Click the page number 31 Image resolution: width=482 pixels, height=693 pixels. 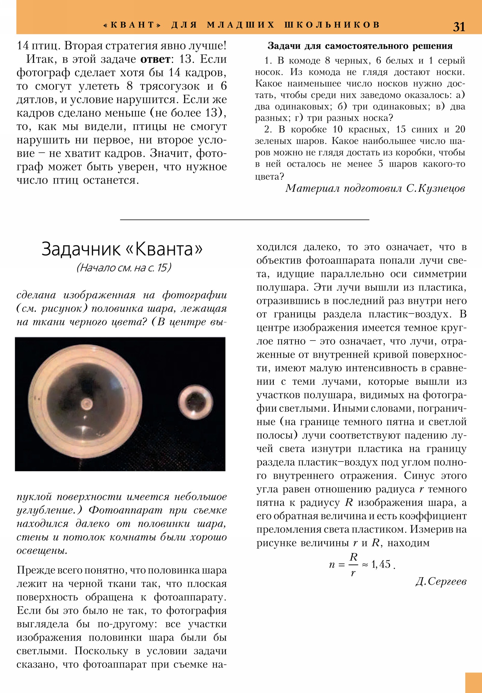pyautogui.click(x=459, y=27)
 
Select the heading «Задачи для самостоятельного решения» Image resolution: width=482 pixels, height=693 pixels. pyautogui.click(x=360, y=46)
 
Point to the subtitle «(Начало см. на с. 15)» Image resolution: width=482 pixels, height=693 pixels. pyautogui.click(x=124, y=268)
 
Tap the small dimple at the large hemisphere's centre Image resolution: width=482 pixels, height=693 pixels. pyautogui.click(x=86, y=403)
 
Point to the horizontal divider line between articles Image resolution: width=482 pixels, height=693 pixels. pyautogui.click(x=245, y=219)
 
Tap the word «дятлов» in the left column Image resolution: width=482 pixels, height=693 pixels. pyautogui.click(x=33, y=100)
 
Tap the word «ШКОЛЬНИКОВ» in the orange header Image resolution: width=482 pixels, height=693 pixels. pyautogui.click(x=332, y=25)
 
